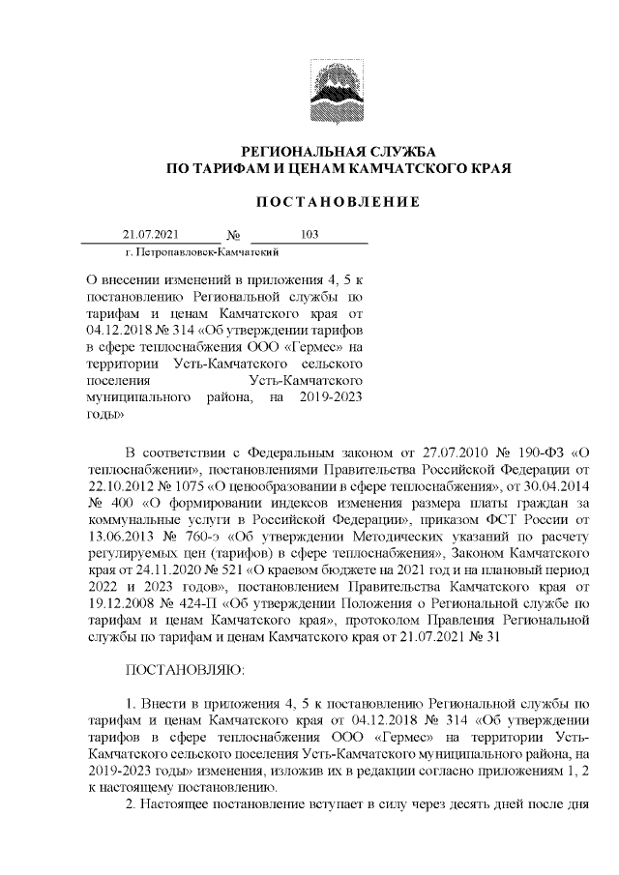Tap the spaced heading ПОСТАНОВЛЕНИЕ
coord(338,202)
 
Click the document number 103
coord(310,235)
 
